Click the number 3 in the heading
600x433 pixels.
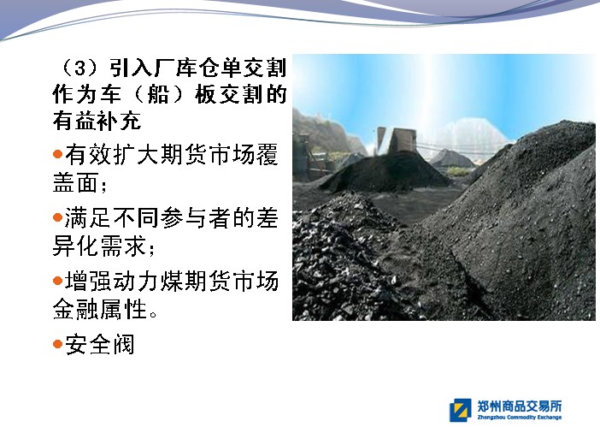[x=80, y=68]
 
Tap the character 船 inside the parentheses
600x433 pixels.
[x=158, y=94]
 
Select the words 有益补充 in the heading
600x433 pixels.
[x=97, y=121]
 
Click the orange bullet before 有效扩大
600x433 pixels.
[x=58, y=154]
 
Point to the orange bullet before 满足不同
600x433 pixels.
[x=58, y=217]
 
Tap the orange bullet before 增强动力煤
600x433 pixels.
[x=58, y=281]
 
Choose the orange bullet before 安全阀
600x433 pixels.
[x=58, y=344]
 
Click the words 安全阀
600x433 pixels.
[x=100, y=344]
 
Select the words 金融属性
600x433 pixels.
[x=100, y=309]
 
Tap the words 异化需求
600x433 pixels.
[x=100, y=246]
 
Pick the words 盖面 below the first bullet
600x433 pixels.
[x=76, y=182]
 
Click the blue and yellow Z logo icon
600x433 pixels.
[x=461, y=410]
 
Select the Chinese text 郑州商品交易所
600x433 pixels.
[x=520, y=406]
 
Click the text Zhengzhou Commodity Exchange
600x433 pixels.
[x=520, y=418]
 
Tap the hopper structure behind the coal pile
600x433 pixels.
[x=397, y=140]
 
